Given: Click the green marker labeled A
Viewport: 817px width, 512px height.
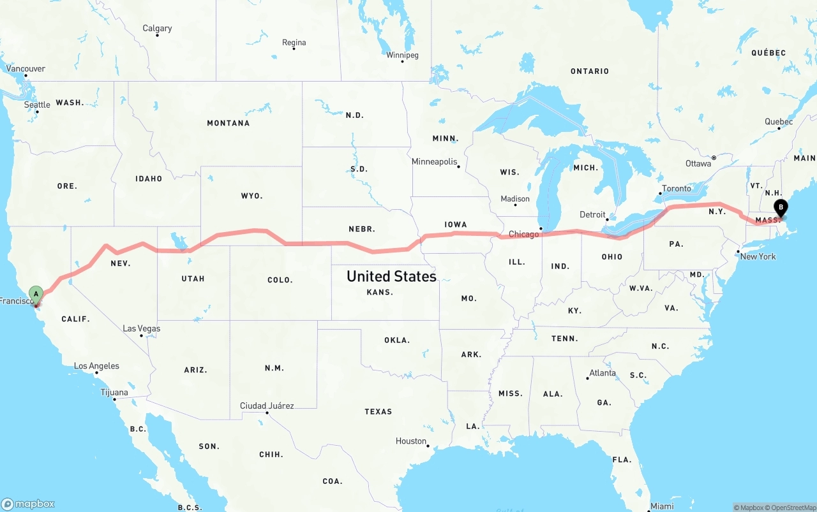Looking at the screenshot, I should tap(36, 295).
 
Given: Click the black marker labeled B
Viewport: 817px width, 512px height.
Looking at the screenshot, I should tap(780, 207).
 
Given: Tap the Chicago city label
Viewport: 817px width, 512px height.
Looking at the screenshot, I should tap(524, 234).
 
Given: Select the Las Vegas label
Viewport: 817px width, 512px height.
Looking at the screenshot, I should tap(141, 328).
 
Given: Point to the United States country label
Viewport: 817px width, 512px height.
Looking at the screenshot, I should tap(391, 276).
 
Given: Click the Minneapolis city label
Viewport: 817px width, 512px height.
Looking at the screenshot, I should tap(435, 162).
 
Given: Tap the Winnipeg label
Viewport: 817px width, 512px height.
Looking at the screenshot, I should tap(402, 55).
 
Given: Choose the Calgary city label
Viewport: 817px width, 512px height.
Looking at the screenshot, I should tap(157, 28).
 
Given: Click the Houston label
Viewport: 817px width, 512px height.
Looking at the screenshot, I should tap(410, 441).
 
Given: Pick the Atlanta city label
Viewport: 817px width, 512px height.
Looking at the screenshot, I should tap(603, 373).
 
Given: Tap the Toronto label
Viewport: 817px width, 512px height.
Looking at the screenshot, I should tap(677, 188).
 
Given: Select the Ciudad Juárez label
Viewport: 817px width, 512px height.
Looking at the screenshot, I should tap(267, 406).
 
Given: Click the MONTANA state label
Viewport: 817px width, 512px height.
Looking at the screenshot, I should tap(228, 123).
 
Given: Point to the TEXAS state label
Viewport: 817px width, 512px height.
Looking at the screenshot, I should tap(379, 411).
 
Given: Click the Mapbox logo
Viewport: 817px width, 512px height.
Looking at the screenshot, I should tap(28, 504).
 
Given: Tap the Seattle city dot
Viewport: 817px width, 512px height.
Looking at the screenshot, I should tap(37, 112).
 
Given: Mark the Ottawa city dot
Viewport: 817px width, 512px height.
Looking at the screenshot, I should tap(714, 157).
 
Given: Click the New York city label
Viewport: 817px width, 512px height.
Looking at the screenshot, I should tap(758, 256).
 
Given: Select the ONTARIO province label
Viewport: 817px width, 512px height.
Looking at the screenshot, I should tap(590, 71).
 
